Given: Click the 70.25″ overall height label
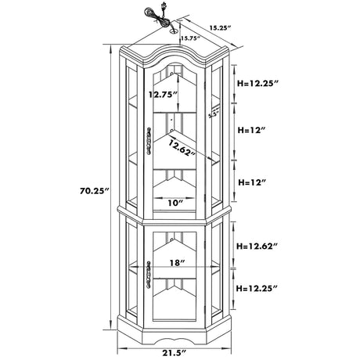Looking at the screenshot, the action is click(x=94, y=191).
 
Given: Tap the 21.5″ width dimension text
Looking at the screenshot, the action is click(x=175, y=353).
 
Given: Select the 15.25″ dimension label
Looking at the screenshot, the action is click(x=221, y=28).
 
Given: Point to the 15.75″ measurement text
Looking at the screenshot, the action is click(x=190, y=38).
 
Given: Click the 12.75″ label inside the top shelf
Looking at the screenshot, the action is click(x=164, y=94).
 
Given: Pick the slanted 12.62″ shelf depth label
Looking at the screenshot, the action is click(x=182, y=148).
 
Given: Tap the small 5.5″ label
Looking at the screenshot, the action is click(x=213, y=114).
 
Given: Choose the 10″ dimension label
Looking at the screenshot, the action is click(x=175, y=203).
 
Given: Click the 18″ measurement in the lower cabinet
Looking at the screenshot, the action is click(x=178, y=263).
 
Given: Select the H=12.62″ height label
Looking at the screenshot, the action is click(x=257, y=246).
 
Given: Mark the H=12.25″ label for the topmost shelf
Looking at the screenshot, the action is click(x=258, y=84).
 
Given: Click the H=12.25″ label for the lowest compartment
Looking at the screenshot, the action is click(x=257, y=288).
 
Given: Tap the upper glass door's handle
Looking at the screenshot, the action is click(x=149, y=141).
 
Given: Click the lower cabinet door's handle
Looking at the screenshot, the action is click(x=149, y=274).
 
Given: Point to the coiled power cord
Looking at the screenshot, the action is click(x=156, y=17).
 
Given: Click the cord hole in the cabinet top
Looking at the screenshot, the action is click(x=174, y=31).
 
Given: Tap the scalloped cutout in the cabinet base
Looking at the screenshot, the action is click(x=175, y=340).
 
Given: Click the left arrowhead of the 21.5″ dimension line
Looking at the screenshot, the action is click(x=121, y=348).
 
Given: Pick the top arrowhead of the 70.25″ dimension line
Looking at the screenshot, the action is click(x=110, y=48).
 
